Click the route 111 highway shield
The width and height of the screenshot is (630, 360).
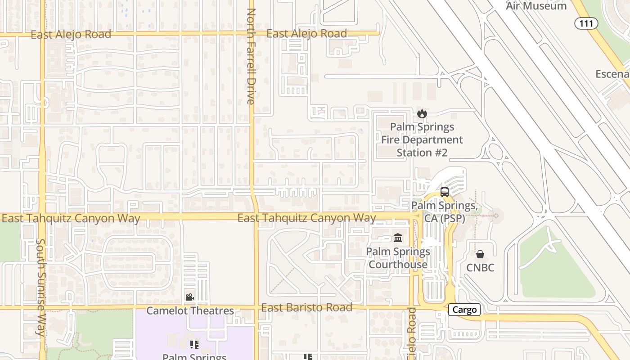point(586,23)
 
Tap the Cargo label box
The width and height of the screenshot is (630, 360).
point(464,310)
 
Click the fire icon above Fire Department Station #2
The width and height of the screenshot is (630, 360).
point(422,113)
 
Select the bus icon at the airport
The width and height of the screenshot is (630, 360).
point(445,192)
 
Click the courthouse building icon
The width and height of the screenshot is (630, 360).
point(398,238)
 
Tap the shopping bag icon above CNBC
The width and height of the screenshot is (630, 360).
point(480,255)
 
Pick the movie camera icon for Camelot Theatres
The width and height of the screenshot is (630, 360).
point(189,297)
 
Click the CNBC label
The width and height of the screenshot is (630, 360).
point(480,268)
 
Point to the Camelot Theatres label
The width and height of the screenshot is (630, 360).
point(190,310)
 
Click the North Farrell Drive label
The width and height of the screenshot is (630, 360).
point(251,56)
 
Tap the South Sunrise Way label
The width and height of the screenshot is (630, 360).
point(40,288)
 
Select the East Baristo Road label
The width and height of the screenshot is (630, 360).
point(306,308)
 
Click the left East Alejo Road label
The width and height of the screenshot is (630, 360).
point(71,35)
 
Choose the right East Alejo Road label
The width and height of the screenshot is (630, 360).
point(306,34)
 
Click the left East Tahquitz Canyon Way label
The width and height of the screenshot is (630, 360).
point(71,219)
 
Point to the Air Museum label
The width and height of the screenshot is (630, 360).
point(536,6)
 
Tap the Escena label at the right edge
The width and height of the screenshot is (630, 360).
point(612,74)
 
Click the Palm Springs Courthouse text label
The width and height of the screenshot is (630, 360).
point(398,258)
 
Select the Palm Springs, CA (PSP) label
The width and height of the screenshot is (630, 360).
point(444,212)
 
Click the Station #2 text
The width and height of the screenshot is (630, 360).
point(422,153)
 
